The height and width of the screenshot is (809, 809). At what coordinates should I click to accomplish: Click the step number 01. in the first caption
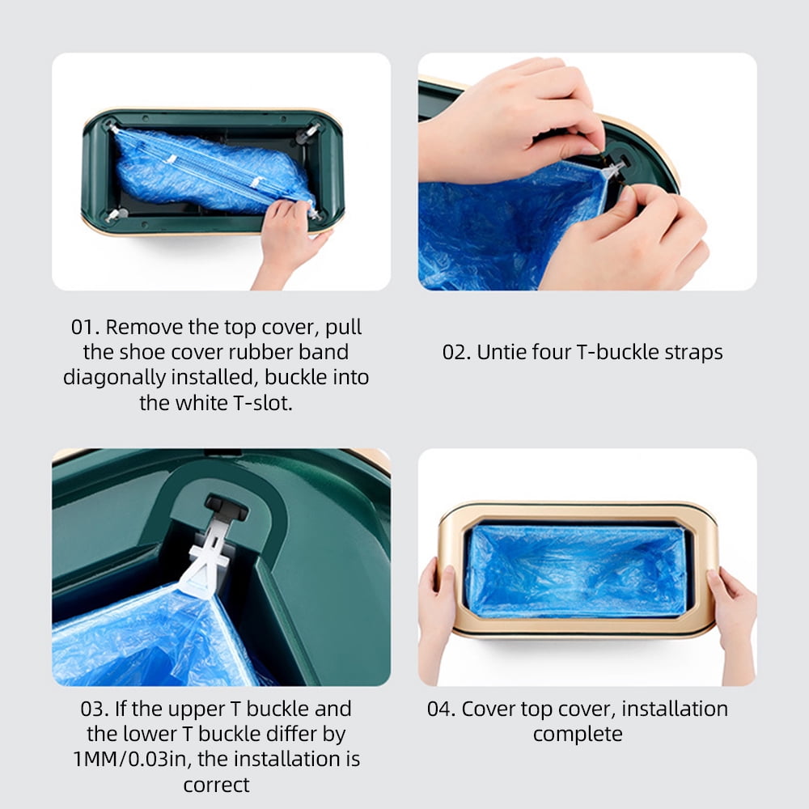[x=85, y=328]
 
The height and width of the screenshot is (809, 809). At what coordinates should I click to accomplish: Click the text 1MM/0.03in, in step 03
[x=129, y=760]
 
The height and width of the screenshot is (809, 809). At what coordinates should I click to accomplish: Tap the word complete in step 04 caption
[x=578, y=735]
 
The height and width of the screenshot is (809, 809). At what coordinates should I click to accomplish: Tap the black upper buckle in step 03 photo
[x=227, y=507]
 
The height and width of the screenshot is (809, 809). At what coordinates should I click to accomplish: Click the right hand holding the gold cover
[x=732, y=603]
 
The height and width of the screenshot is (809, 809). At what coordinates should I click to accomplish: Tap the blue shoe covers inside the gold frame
[x=576, y=570]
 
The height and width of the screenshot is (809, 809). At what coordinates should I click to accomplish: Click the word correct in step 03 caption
[x=217, y=785]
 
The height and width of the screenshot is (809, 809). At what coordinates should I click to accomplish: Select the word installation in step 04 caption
[x=669, y=709]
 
